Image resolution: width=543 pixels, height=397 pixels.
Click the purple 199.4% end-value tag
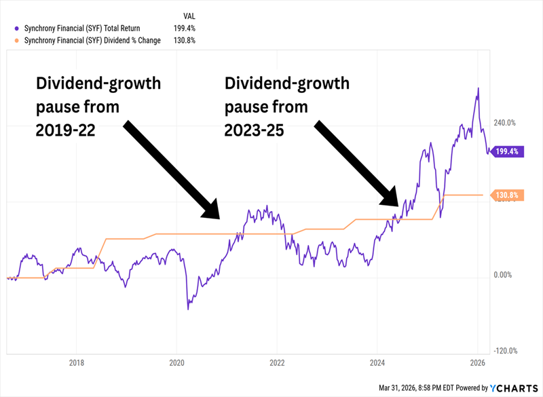point(506,151)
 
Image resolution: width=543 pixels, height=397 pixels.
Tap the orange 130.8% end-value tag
point(506,195)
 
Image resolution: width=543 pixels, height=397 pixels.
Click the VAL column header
point(191,15)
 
